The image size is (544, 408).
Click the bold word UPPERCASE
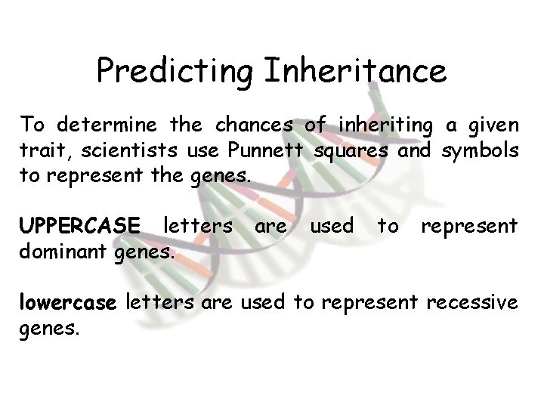(x=80, y=226)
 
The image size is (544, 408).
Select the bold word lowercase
(x=68, y=304)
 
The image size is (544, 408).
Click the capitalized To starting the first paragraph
(x=31, y=124)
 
